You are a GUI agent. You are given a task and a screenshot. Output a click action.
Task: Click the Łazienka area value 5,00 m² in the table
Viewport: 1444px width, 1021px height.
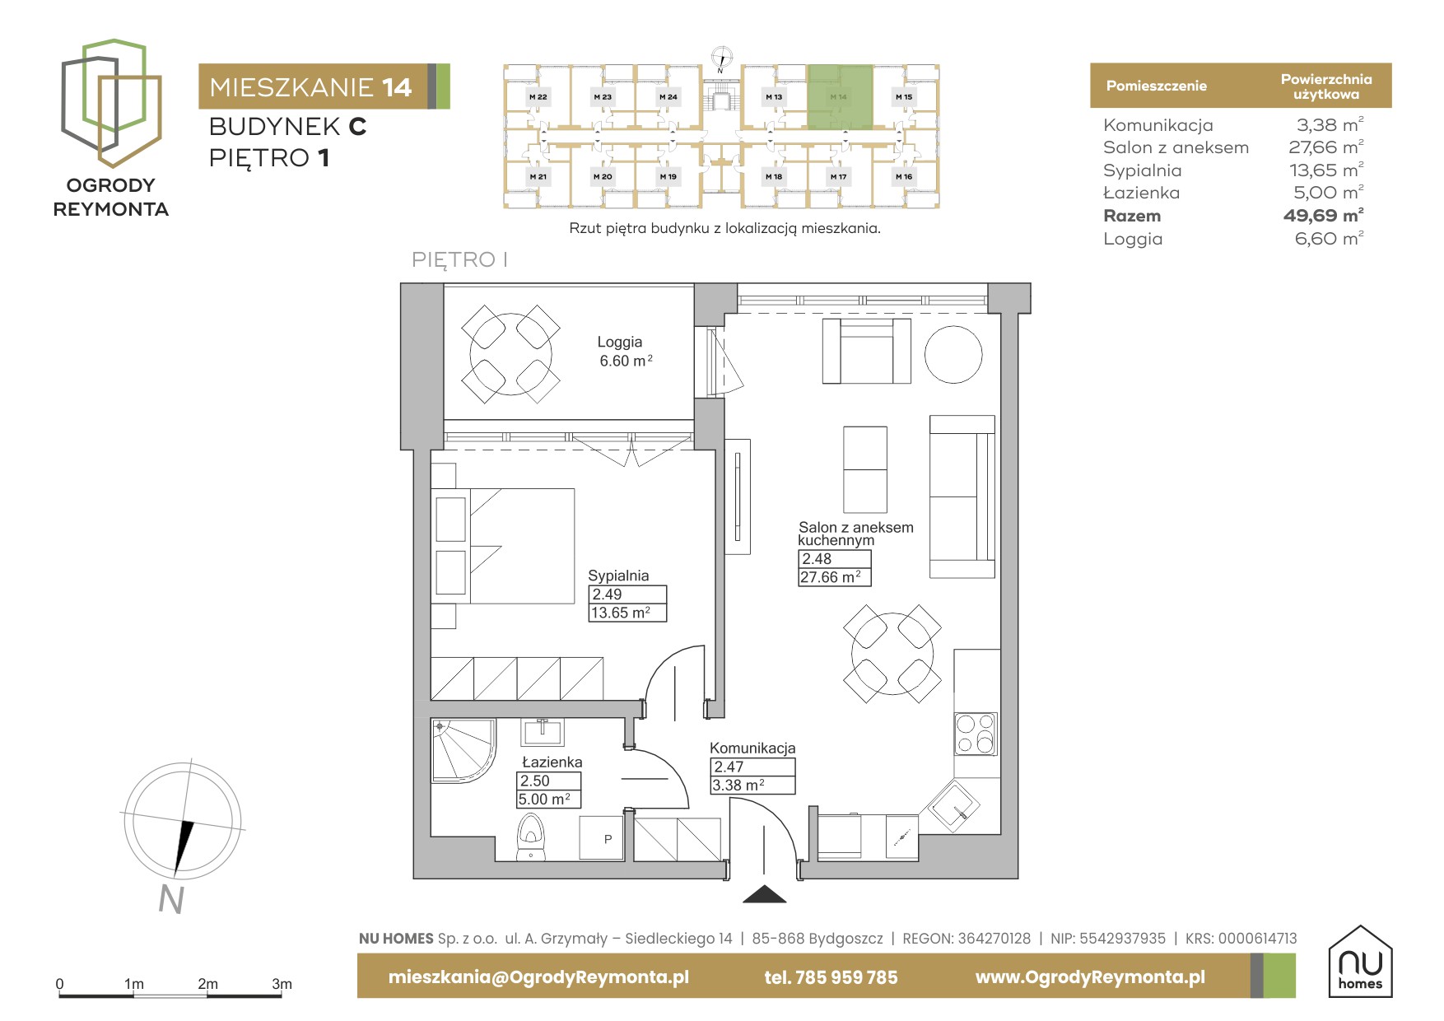pyautogui.click(x=1328, y=193)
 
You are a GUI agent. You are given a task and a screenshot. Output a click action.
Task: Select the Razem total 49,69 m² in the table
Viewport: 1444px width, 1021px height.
pyautogui.click(x=1323, y=216)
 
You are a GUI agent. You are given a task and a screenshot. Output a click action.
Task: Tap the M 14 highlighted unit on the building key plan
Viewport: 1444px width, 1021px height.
pyautogui.click(x=839, y=97)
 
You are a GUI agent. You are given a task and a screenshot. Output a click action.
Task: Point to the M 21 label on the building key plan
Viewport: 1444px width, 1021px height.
pyautogui.click(x=538, y=177)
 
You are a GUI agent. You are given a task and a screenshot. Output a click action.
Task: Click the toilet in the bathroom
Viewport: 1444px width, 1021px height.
pyautogui.click(x=531, y=837)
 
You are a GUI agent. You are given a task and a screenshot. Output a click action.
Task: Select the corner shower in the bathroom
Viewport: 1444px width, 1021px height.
pyautogui.click(x=463, y=750)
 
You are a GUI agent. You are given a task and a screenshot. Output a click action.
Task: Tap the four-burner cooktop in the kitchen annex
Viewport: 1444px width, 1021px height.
pyautogui.click(x=976, y=734)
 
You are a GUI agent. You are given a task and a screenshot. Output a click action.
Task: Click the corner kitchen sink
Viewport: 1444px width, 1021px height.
pyautogui.click(x=953, y=805)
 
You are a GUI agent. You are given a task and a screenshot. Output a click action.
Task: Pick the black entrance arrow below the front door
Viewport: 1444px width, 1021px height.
pyautogui.click(x=765, y=894)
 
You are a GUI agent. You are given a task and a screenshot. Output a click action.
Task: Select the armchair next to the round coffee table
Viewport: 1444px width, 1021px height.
pyautogui.click(x=867, y=351)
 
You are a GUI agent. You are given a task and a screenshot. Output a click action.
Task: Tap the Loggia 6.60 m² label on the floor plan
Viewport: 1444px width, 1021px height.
pyautogui.click(x=624, y=352)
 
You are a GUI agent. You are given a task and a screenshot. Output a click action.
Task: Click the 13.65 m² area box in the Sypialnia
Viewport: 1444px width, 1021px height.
pyautogui.click(x=627, y=613)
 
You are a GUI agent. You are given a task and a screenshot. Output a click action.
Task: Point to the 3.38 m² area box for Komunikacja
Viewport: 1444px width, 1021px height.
pyautogui.click(x=752, y=786)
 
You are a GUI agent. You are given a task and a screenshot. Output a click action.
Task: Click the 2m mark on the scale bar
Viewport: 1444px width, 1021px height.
pyautogui.click(x=207, y=984)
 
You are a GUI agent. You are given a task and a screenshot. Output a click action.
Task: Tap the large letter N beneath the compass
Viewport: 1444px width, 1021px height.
pyautogui.click(x=171, y=900)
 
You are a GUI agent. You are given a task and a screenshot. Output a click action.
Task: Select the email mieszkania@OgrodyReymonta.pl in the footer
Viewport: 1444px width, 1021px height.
pyautogui.click(x=538, y=977)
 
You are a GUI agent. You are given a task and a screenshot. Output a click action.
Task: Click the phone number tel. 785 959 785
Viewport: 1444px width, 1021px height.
pyautogui.click(x=831, y=977)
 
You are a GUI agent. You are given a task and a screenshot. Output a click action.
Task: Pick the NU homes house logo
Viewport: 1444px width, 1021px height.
pyautogui.click(x=1360, y=962)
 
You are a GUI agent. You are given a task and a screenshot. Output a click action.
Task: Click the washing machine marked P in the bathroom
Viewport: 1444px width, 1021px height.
pyautogui.click(x=602, y=839)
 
